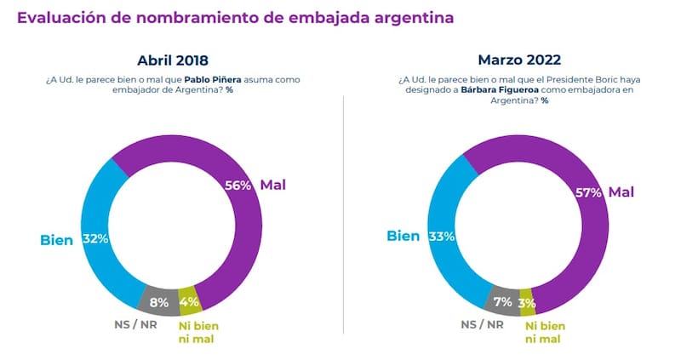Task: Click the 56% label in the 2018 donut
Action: pos(237,186)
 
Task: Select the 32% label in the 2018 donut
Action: pos(94,239)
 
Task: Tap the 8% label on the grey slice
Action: pos(159,300)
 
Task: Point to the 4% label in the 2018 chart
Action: pos(189,300)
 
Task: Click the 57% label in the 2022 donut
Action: pos(587,192)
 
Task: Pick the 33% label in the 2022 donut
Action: pos(440,236)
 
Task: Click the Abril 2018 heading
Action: pos(173,60)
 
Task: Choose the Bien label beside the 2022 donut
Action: pos(403,236)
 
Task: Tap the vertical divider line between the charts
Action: pos(343,213)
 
